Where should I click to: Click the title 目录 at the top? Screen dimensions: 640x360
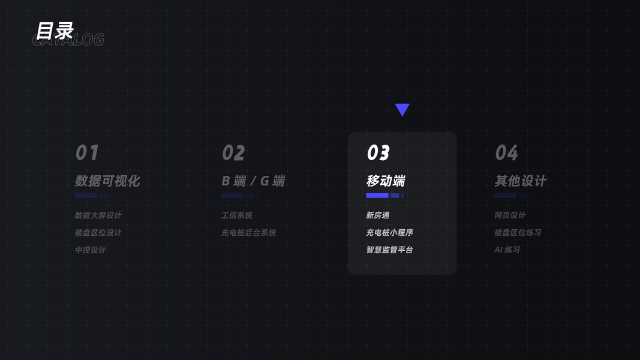54,31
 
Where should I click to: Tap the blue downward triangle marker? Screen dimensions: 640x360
402,109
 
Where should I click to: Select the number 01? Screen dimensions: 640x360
87,153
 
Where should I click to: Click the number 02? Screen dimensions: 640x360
233,153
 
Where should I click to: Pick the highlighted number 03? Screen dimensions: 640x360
378,153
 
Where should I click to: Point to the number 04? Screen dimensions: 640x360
506,153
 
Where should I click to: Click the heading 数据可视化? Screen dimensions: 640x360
107,181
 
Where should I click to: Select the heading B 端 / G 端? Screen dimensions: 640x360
253,181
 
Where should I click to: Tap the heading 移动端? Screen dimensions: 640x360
386,181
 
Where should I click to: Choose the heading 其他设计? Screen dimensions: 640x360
521,181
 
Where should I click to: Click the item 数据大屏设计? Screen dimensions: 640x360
98,215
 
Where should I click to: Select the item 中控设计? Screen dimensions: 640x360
91,250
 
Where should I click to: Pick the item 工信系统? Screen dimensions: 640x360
237,215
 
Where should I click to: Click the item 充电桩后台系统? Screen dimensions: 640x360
249,232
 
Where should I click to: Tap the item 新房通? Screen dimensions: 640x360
378,215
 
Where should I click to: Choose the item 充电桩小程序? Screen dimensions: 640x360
390,232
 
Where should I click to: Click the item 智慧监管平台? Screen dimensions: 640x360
390,250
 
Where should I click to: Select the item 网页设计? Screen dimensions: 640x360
510,215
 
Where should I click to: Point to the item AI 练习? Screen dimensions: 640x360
507,250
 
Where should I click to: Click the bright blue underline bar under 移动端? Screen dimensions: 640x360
378,196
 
